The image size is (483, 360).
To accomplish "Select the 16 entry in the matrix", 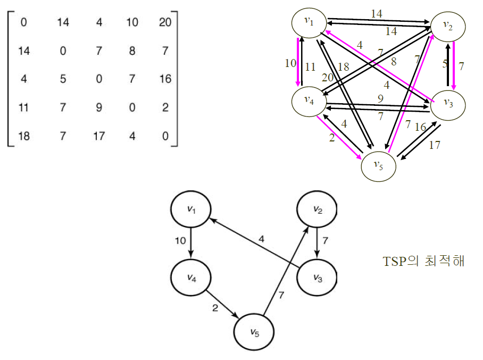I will coord(165,79).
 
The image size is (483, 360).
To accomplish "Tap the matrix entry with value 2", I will coord(165,108).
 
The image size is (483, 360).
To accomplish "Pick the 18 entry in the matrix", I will coord(24,137).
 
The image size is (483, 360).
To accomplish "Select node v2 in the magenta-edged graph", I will coord(448,27).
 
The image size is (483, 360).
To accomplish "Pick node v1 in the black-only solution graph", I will coord(190,210).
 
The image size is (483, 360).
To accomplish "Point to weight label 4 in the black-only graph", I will coord(261,239).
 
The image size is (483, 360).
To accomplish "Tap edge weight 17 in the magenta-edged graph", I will coord(435,145).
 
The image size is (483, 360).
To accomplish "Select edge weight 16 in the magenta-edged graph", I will coord(420,128).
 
